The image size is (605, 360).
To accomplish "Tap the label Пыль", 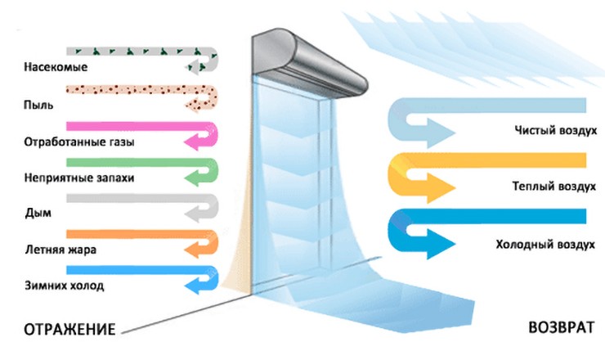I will [x=40, y=105].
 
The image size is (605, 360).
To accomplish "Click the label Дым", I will [x=38, y=214].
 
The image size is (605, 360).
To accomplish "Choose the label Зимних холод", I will [x=64, y=286].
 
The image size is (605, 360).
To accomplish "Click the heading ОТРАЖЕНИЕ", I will [x=65, y=329].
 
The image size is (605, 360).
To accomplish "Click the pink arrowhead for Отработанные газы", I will [x=196, y=142].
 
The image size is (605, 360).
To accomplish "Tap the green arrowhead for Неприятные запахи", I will [x=196, y=178].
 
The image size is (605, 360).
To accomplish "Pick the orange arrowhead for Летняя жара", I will [x=196, y=250].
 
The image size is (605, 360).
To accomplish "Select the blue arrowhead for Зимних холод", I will [x=196, y=286].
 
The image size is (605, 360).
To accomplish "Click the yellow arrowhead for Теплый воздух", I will [x=442, y=187].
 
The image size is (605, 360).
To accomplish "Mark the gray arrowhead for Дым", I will [x=196, y=214].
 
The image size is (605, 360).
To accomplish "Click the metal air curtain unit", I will [x=307, y=58].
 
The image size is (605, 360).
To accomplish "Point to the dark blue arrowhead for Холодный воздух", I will [x=442, y=244].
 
